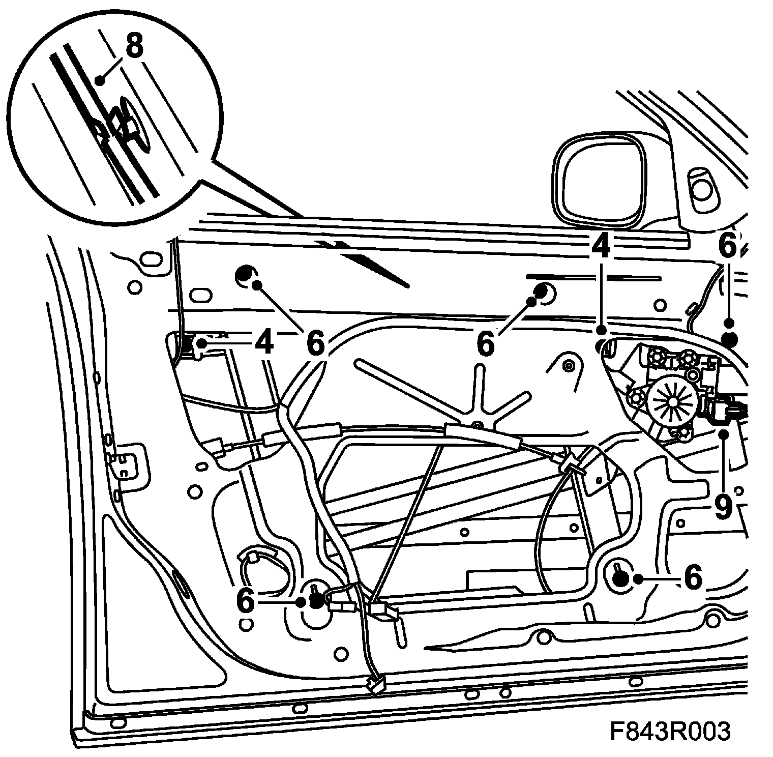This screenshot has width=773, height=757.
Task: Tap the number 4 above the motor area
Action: click(x=601, y=248)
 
